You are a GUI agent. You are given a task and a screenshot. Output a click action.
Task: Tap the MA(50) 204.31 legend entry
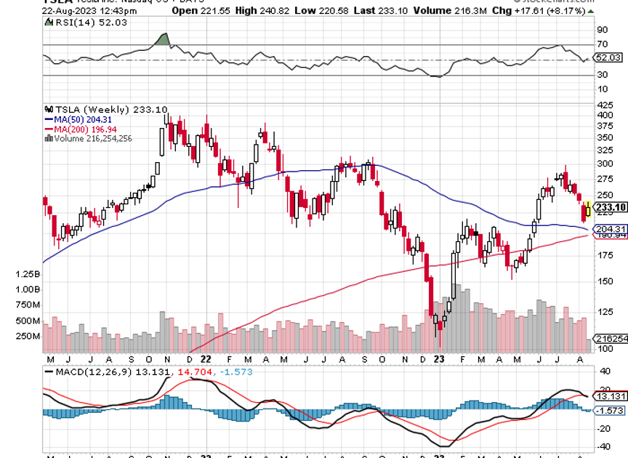pos(79,119)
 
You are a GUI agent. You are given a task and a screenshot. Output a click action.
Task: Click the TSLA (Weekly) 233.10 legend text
pos(91,109)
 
